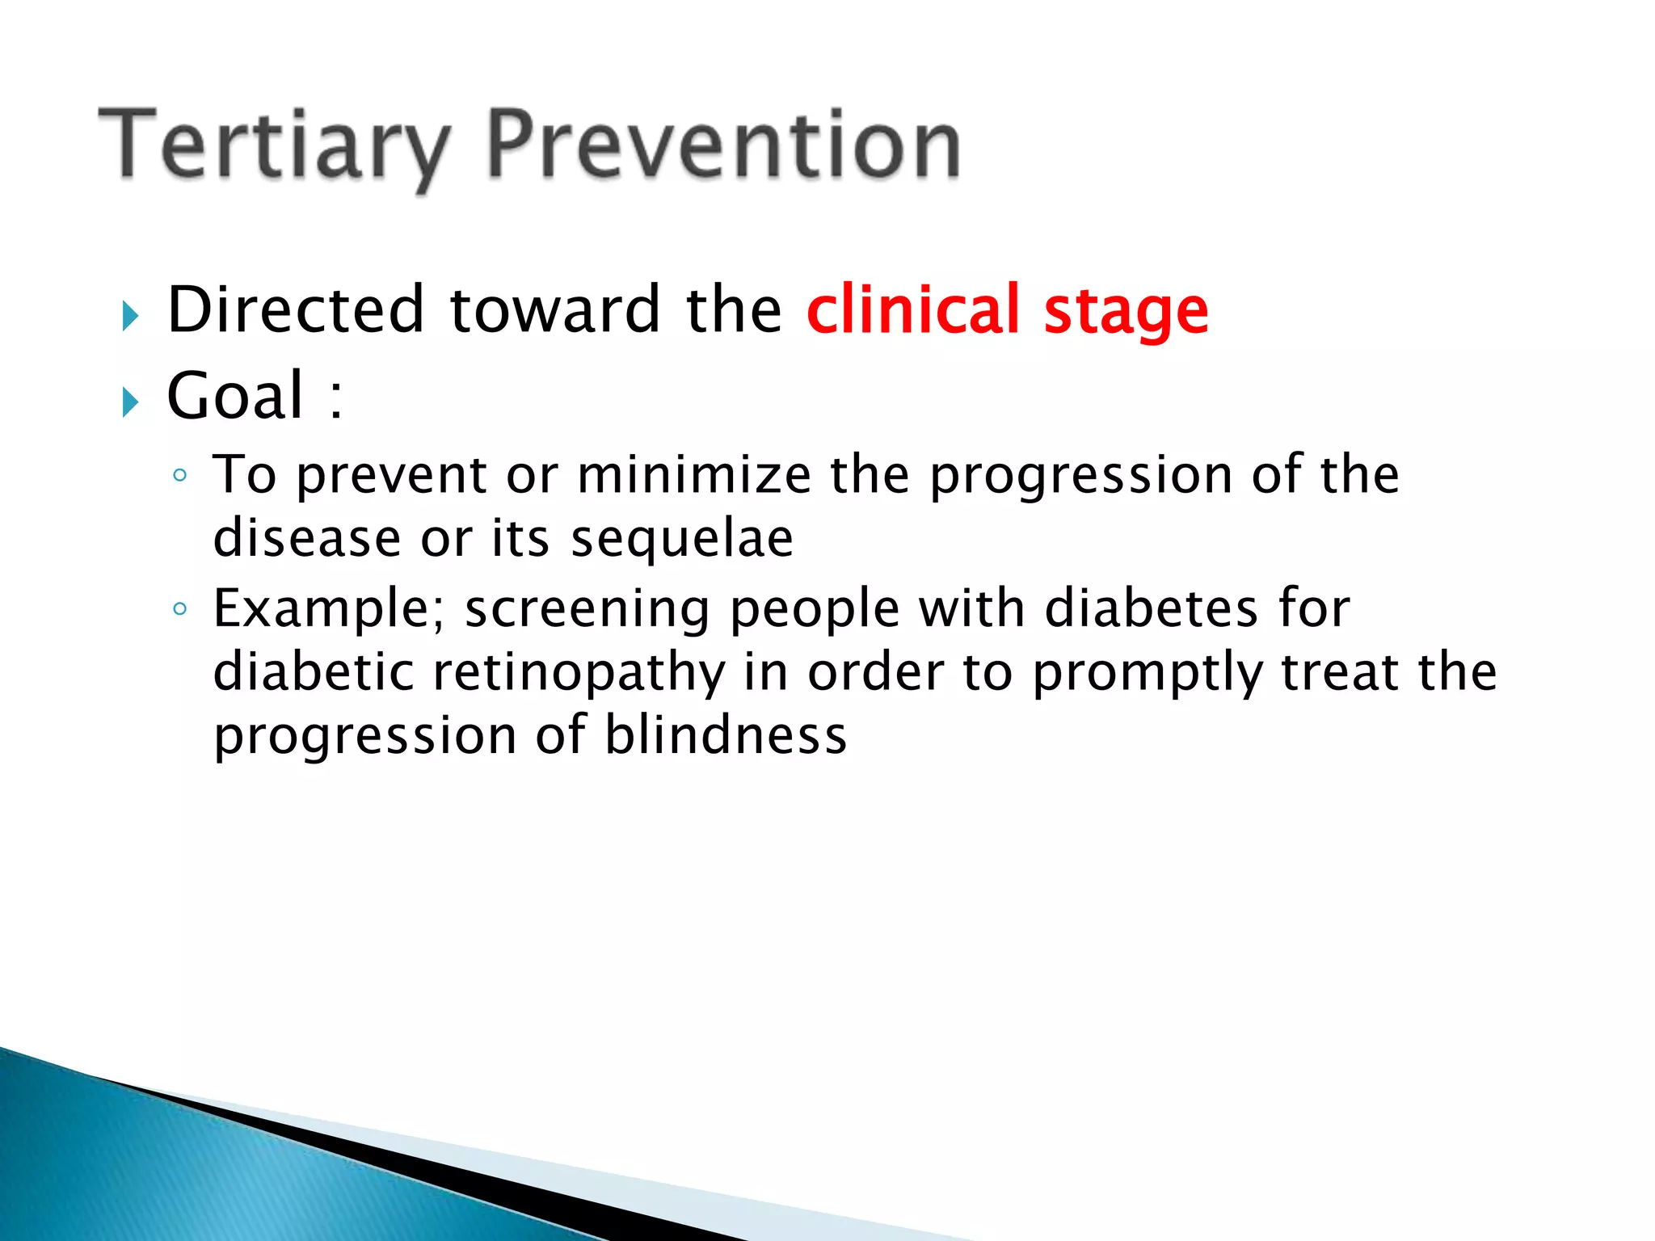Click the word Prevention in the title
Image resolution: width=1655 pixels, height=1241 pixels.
click(723, 145)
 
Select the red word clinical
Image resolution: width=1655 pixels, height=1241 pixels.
click(913, 310)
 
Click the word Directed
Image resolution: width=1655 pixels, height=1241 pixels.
click(296, 310)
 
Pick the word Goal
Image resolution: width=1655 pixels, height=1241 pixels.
click(235, 396)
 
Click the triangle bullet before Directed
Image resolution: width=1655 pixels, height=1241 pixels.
click(131, 316)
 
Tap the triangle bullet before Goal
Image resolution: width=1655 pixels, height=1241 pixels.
click(131, 402)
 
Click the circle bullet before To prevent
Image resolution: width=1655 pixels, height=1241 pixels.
click(180, 476)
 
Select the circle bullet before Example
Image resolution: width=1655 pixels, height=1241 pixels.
click(180, 609)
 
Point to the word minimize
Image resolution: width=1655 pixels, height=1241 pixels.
click(694, 475)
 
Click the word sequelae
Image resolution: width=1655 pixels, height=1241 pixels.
click(682, 540)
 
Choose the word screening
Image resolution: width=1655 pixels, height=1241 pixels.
click(587, 609)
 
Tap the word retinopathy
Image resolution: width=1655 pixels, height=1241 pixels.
click(579, 674)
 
